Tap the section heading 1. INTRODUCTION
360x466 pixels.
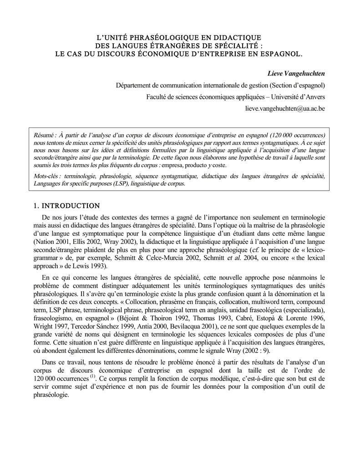click(67, 206)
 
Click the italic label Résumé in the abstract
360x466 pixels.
click(45, 136)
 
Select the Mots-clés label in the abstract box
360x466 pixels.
click(48, 176)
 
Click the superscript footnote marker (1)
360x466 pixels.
click(92, 377)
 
